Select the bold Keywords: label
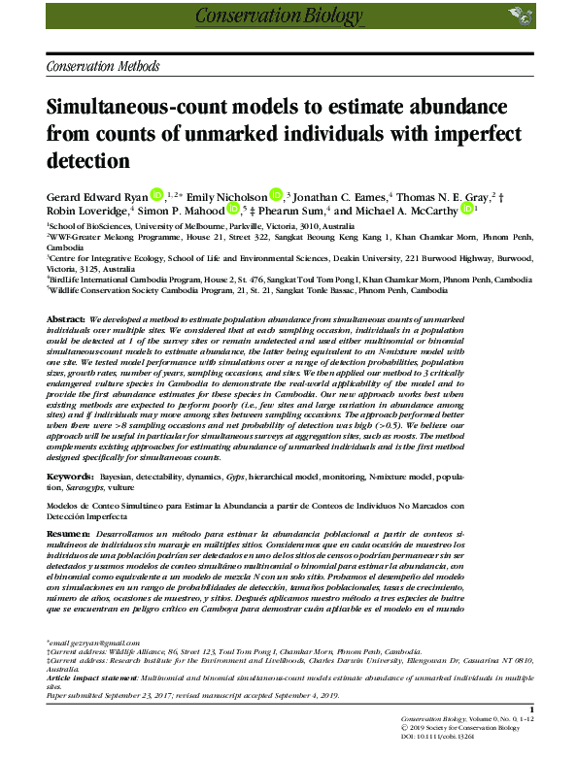[x=70, y=479]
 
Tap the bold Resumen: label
[x=68, y=535]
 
